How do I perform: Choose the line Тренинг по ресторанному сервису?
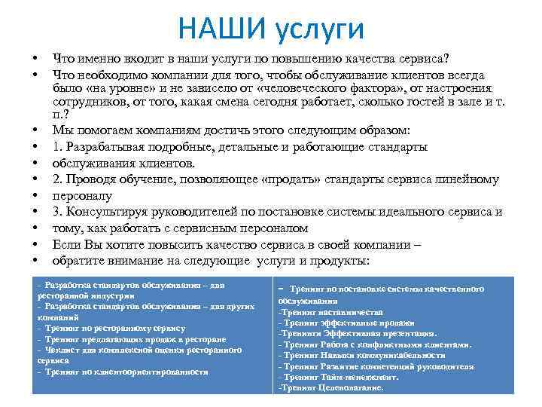[x=113, y=329]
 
